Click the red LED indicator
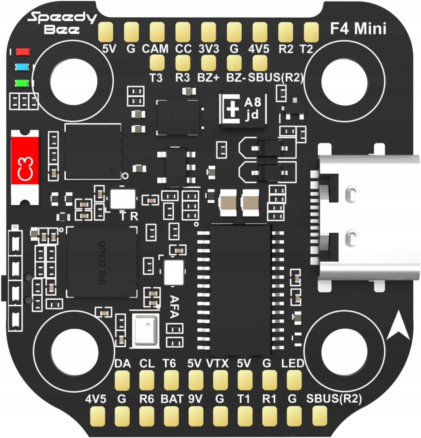[23, 51]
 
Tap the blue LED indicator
[23, 67]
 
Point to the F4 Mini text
[358, 29]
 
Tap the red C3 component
[25, 167]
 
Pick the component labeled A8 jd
[243, 108]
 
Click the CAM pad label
[155, 49]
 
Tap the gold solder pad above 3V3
[209, 31]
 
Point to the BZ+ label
[208, 78]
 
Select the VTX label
[217, 363]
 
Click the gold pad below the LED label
[294, 380]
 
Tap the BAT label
[172, 399]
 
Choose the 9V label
[195, 399]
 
